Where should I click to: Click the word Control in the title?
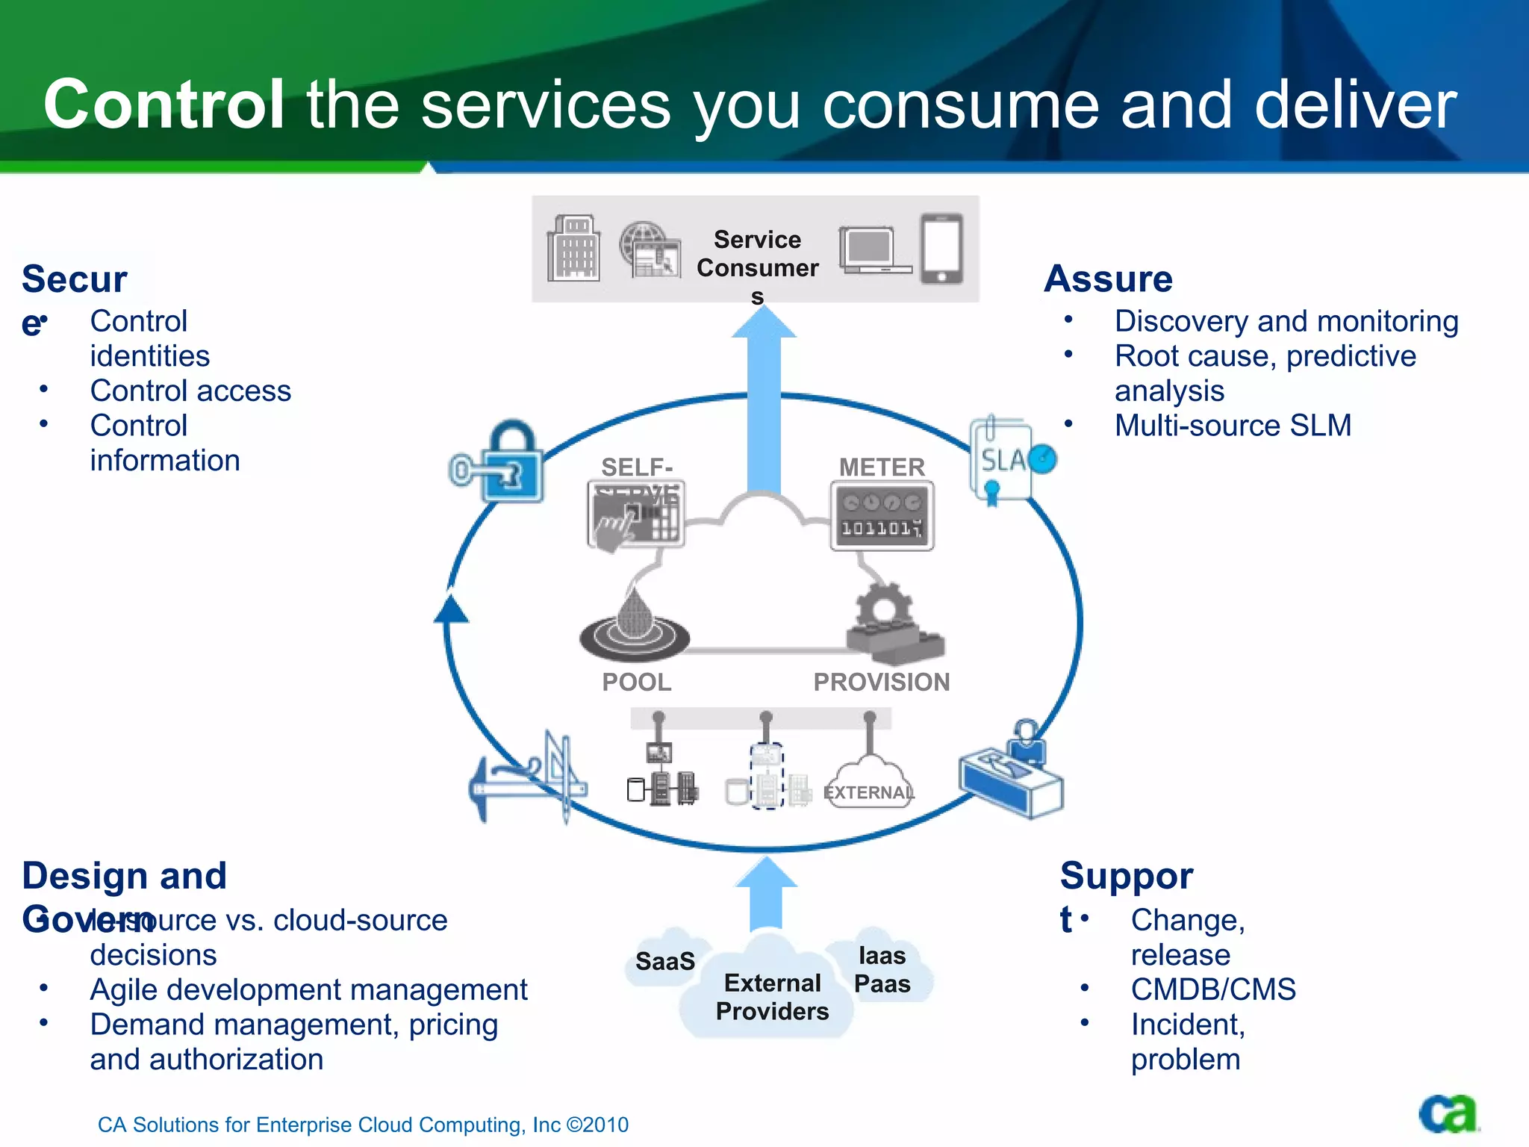(x=164, y=105)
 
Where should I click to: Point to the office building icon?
(x=573, y=249)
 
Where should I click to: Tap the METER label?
(x=882, y=467)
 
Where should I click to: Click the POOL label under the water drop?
(x=637, y=682)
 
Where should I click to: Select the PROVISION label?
(x=881, y=682)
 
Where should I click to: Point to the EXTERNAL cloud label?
(x=869, y=792)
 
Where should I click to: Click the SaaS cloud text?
(x=664, y=961)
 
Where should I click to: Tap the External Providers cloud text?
(x=772, y=997)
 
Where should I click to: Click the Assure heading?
(x=1108, y=279)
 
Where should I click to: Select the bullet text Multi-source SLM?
(x=1233, y=426)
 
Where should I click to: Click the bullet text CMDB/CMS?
(x=1213, y=989)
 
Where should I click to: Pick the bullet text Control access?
(x=190, y=391)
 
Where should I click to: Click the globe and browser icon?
(x=650, y=249)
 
